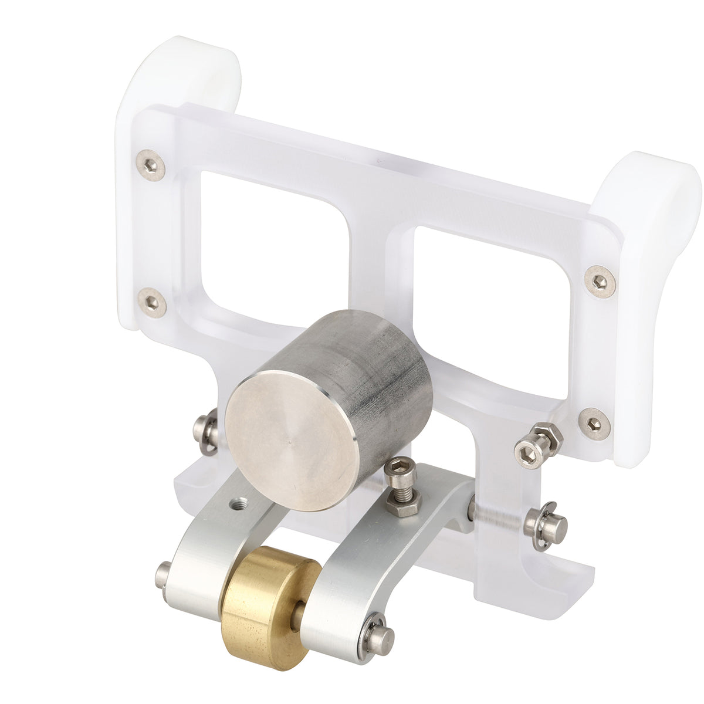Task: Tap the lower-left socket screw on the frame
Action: (152, 303)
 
